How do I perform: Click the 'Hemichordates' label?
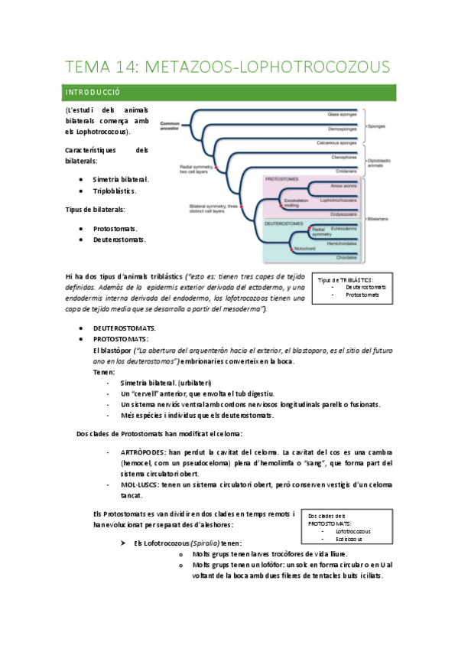point(343,243)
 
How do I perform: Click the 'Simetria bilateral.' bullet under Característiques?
point(121,178)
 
